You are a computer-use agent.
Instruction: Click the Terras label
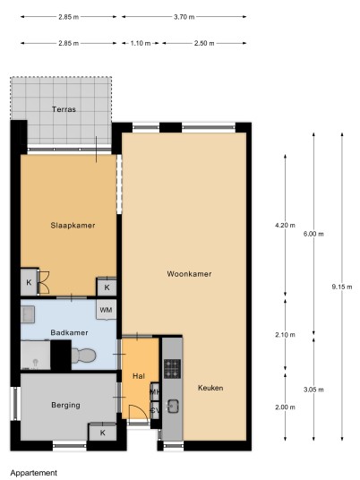coord(64,109)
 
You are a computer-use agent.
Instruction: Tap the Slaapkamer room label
coord(73,226)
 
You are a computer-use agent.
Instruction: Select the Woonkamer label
coord(189,274)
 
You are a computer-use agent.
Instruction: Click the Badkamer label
coord(69,332)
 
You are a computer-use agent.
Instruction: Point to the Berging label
coord(65,406)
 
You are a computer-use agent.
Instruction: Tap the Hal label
coord(139,376)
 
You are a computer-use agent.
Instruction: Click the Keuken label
coord(210,388)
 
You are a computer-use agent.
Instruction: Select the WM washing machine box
coord(107,310)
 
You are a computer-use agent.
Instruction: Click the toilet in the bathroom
coord(83,356)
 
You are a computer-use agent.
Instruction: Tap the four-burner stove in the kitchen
coord(172,369)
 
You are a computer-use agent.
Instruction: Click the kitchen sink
coord(173,407)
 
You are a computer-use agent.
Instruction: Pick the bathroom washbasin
coord(28,314)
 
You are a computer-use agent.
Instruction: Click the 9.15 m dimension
coord(341,287)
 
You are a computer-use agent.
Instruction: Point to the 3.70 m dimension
coord(184,17)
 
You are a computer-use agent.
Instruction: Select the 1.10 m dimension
coord(141,44)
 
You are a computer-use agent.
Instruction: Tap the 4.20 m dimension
coord(285,226)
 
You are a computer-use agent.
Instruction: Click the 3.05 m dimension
coord(313,390)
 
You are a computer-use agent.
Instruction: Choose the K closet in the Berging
coord(102,433)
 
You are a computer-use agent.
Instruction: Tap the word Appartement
coord(34,473)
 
